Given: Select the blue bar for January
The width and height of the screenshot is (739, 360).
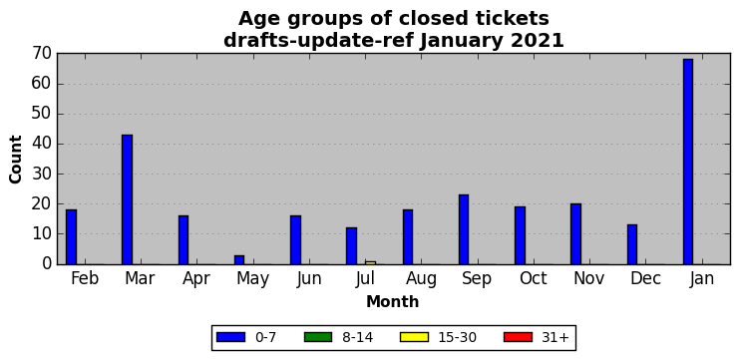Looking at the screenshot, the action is click(687, 162).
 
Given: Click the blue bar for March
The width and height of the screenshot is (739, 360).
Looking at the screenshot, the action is click(128, 199).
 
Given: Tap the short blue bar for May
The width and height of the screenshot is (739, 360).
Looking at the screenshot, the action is click(239, 259).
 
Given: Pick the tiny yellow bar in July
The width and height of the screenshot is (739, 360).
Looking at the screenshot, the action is click(370, 262).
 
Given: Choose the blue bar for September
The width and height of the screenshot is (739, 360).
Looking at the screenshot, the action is click(464, 229).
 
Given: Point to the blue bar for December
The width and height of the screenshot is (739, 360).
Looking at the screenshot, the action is click(632, 244).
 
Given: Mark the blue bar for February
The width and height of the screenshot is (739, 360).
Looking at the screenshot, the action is click(71, 237).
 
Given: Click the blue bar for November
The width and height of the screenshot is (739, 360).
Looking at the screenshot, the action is click(575, 234).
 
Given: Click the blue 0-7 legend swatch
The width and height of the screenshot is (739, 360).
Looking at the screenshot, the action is click(231, 337).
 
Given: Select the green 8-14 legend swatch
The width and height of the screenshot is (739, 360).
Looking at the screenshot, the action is click(318, 337).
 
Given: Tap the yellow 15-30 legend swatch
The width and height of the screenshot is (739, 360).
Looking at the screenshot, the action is click(414, 337).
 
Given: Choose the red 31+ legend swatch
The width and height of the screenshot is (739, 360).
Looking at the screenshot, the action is click(518, 337).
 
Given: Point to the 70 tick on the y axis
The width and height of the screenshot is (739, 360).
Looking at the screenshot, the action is click(42, 54).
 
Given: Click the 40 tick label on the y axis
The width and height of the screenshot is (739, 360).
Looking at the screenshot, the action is click(42, 145).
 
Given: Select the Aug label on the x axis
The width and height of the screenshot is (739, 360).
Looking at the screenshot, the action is click(421, 278).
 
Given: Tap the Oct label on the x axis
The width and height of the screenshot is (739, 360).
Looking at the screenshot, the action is click(534, 278).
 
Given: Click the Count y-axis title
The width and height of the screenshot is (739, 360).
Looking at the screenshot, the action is click(15, 160).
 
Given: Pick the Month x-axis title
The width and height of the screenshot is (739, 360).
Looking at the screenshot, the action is click(393, 301).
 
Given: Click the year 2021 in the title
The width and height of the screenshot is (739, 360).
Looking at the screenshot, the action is click(537, 41).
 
